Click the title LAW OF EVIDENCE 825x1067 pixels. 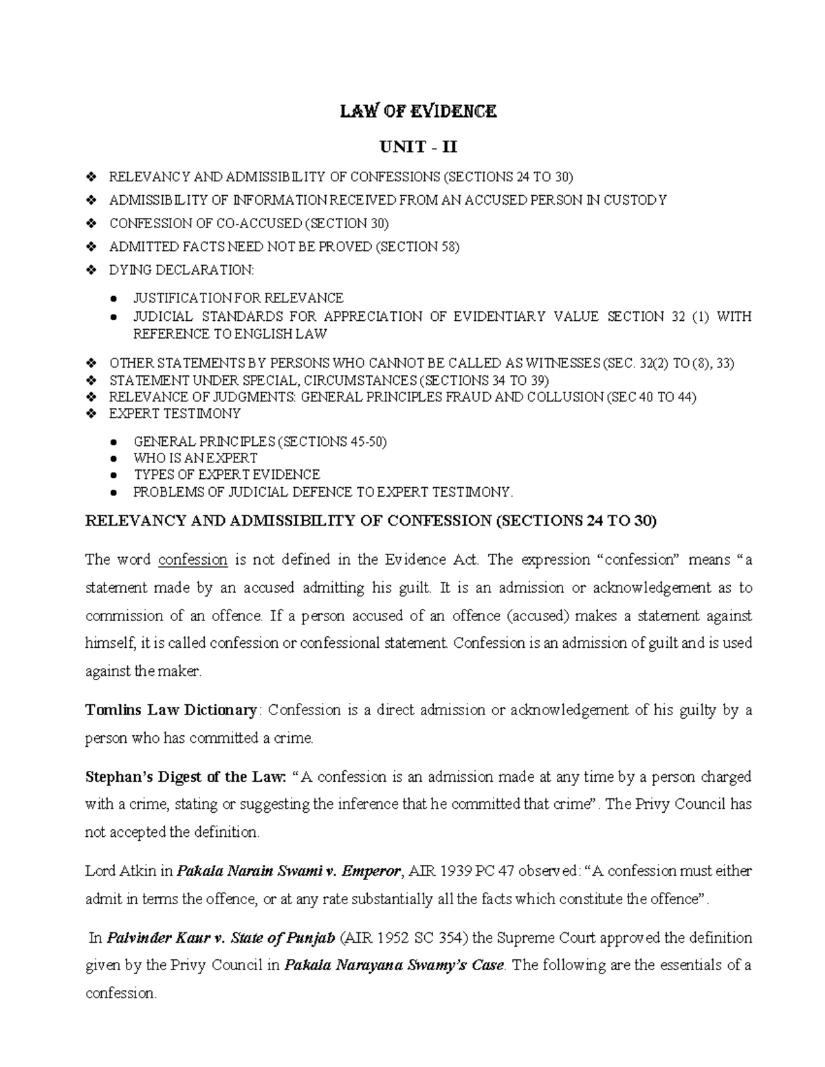418,111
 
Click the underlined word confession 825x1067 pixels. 192,559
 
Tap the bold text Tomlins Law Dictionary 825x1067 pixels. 170,710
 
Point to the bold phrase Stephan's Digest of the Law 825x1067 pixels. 184,777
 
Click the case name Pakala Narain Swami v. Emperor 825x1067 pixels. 289,871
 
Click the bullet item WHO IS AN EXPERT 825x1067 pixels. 195,458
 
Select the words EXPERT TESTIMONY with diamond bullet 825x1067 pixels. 175,414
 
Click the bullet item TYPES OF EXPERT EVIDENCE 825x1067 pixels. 226,475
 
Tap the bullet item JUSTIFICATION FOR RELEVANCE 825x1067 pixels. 238,298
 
